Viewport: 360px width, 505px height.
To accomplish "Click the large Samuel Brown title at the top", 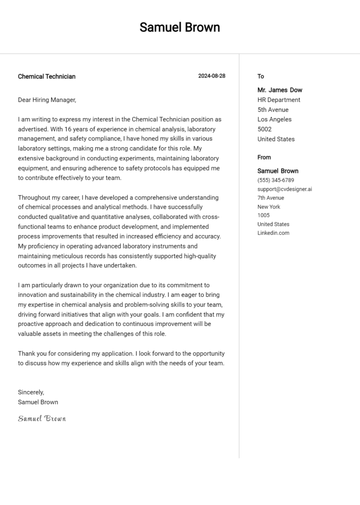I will click(x=180, y=27).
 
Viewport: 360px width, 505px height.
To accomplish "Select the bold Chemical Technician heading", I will click(x=46, y=76).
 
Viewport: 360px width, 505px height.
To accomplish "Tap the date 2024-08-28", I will click(x=211, y=76).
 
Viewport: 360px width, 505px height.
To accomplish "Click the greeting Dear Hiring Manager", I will click(x=46, y=100).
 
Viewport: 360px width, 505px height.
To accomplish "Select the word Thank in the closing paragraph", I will click(x=27, y=353).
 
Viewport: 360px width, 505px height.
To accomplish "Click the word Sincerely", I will click(x=31, y=392).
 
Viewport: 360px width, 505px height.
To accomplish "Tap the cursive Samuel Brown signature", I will click(x=42, y=418).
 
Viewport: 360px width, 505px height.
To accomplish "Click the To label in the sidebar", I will click(x=261, y=76).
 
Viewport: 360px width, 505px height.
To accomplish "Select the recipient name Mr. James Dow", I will click(x=280, y=90).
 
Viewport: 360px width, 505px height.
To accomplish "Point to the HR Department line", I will click(x=279, y=100).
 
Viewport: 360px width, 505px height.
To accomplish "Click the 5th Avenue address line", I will click(x=273, y=110).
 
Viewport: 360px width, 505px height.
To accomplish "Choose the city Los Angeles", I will click(x=274, y=119).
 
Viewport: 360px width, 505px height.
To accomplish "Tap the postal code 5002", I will click(x=264, y=129).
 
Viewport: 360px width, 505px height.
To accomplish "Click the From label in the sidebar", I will click(x=264, y=157).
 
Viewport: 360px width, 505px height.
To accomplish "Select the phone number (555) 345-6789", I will click(x=276, y=180).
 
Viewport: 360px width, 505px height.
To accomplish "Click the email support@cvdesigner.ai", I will click(x=285, y=189).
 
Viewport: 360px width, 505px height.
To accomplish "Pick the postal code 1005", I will click(x=263, y=215).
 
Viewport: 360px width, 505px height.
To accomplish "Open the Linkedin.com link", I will click(x=273, y=233).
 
